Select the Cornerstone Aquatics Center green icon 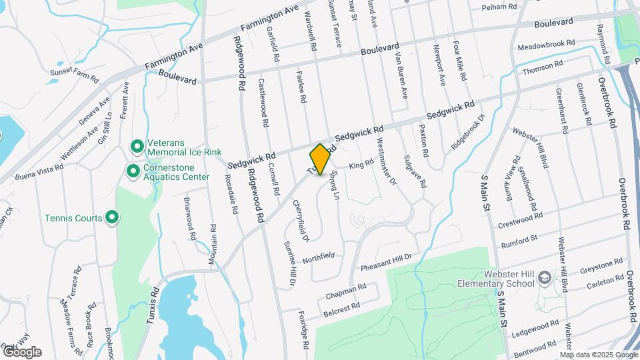coord(133,172)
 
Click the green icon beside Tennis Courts coord(112,217)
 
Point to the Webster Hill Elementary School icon coord(543,277)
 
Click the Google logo coord(22,351)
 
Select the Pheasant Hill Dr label coord(387,262)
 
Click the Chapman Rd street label coord(346,291)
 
